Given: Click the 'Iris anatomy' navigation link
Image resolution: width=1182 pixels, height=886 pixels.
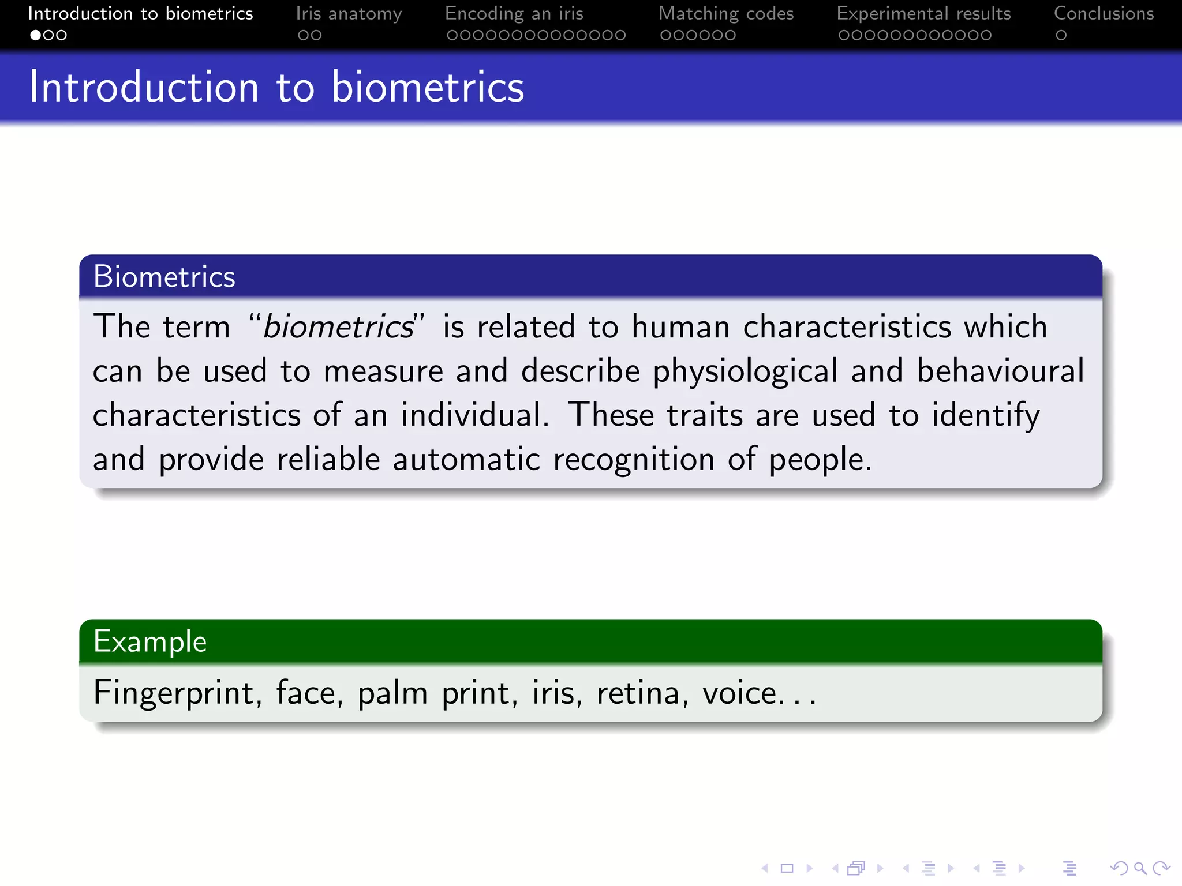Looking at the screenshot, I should tap(349, 13).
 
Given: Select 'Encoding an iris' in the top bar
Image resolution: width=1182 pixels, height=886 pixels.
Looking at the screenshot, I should tap(514, 13).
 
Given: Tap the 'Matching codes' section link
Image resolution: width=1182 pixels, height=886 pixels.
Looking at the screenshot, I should tap(725, 13).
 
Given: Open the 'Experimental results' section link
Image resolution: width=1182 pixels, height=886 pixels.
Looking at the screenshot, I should tap(923, 13).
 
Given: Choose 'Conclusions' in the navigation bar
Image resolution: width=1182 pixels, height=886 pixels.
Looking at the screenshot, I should tap(1104, 13).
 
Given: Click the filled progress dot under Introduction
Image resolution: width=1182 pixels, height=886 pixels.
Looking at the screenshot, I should tap(35, 35).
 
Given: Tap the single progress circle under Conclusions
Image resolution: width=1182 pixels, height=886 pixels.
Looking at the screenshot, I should tap(1061, 35).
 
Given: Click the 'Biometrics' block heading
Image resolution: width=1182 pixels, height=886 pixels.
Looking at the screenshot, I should tap(164, 276).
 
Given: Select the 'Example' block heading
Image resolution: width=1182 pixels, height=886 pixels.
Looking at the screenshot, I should tap(150, 641).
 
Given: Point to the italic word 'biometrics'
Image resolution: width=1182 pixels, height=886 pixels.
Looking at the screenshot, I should tap(338, 326).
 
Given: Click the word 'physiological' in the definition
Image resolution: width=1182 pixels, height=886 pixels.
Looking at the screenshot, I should tap(745, 371).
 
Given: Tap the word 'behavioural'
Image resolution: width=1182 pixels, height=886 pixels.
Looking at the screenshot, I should tap(1000, 371).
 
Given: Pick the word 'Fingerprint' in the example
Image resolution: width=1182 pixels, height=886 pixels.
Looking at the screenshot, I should tap(173, 692).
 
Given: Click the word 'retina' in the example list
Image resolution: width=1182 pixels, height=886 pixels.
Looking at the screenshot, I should tap(638, 692).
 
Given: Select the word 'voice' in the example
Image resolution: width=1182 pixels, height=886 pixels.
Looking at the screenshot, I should tap(739, 692).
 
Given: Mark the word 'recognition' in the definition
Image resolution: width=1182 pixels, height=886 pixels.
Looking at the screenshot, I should tap(634, 460).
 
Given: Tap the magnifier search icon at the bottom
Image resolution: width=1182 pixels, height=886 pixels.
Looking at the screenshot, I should tap(1139, 868).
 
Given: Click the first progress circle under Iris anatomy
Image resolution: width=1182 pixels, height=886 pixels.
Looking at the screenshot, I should tap(303, 35).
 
